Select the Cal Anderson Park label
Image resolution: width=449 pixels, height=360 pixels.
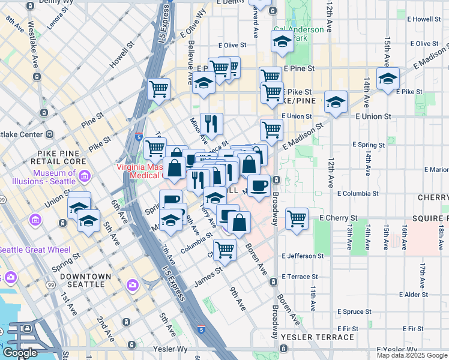click(x=298, y=34)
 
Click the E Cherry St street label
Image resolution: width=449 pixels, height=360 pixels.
click(x=339, y=218)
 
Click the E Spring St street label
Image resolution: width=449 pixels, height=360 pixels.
click(x=369, y=145)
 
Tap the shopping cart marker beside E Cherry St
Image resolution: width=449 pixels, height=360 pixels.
click(x=297, y=218)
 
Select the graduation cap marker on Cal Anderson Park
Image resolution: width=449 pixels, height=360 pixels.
click(x=282, y=41)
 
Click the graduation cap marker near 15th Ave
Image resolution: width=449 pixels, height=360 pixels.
click(x=388, y=78)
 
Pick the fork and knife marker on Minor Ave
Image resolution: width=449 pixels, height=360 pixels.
click(x=211, y=124)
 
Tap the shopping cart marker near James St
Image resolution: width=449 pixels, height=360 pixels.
click(x=224, y=249)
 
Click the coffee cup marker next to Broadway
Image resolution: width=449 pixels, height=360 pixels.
click(x=259, y=185)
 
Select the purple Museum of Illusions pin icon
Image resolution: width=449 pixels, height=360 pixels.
click(x=85, y=177)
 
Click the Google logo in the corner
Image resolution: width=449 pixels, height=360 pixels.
click(x=20, y=353)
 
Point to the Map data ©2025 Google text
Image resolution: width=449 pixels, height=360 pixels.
click(x=411, y=355)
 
